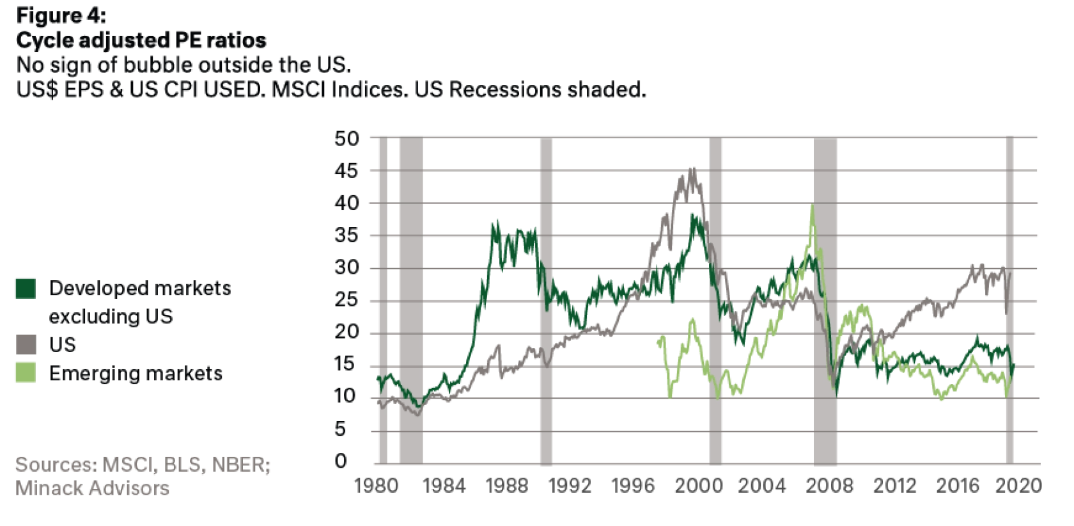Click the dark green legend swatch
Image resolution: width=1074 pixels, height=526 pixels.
coord(23,289)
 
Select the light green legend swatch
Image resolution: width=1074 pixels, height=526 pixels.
coord(23,373)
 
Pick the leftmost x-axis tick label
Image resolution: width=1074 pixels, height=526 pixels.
coord(376,487)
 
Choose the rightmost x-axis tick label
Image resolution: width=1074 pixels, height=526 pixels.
coord(1017,487)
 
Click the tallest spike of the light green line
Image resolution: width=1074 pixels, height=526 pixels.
coord(811,206)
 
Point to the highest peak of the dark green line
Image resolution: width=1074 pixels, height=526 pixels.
coord(695,211)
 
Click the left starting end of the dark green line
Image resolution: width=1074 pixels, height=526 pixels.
coord(376,378)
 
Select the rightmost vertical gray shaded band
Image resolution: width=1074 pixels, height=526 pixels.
coord(1009,301)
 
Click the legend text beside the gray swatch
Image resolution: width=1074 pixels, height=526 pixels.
coord(61,344)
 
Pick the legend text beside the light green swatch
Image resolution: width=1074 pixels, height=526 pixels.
coord(135,374)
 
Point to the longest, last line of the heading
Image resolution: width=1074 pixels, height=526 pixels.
coord(332,93)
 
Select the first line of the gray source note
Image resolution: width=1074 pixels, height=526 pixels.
coord(142,466)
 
